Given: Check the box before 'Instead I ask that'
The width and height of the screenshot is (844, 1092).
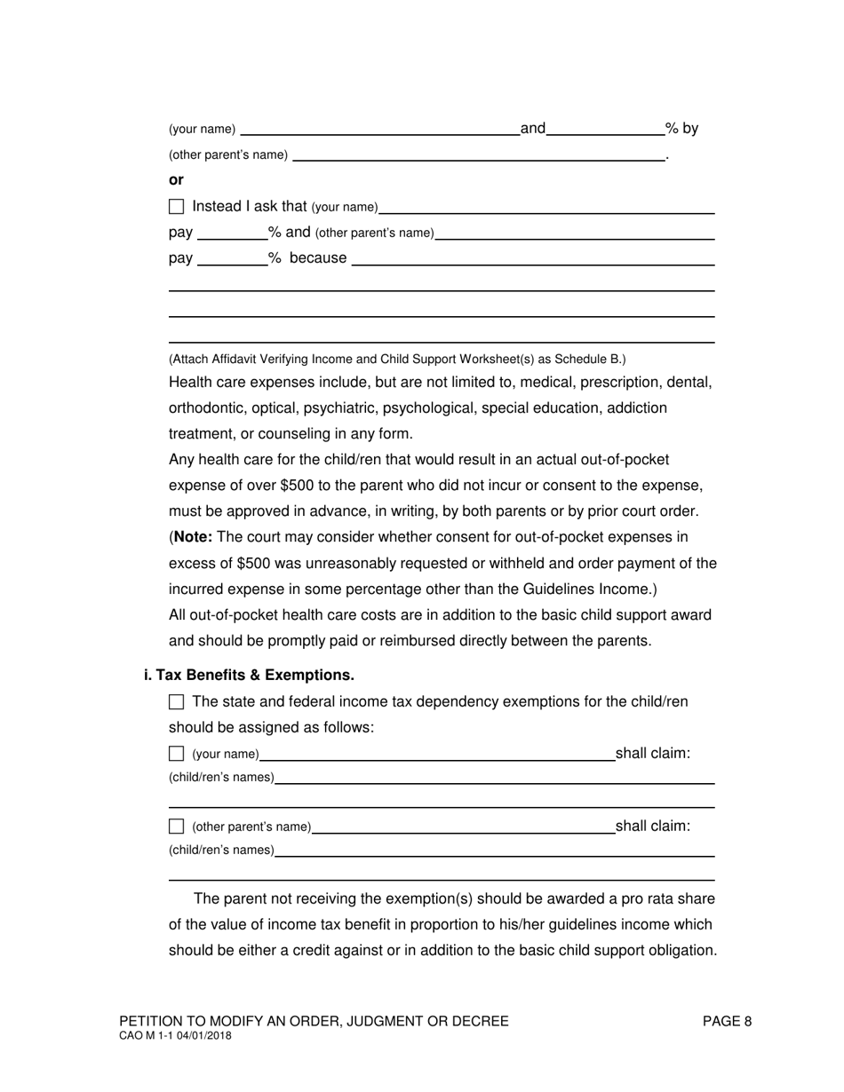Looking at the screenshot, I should coord(176,207).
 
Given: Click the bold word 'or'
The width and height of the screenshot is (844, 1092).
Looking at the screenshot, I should coord(176,179).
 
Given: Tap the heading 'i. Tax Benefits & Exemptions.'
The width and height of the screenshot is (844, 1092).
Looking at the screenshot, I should coord(249,675).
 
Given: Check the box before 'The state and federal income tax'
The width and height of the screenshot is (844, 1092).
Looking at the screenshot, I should coord(176,702).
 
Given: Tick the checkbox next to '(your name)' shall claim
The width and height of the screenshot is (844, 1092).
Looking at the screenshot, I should coord(176,754).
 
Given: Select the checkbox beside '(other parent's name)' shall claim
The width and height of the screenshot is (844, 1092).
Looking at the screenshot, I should coord(176,827).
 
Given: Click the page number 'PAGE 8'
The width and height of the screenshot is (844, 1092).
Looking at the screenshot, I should coord(727,1021).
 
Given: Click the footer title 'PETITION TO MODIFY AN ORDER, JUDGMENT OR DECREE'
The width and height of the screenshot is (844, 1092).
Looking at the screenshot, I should coord(314,1021).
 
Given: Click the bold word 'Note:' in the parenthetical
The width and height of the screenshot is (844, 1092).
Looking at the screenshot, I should coord(194,537).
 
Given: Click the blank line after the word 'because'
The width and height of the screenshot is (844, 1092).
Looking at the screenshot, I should coord(533,258).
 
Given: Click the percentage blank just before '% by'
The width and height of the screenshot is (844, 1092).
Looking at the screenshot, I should coord(606,129).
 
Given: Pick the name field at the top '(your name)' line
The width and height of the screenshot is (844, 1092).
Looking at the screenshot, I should coord(379,129).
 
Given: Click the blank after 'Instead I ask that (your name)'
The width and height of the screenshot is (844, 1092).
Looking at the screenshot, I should coord(546,207).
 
